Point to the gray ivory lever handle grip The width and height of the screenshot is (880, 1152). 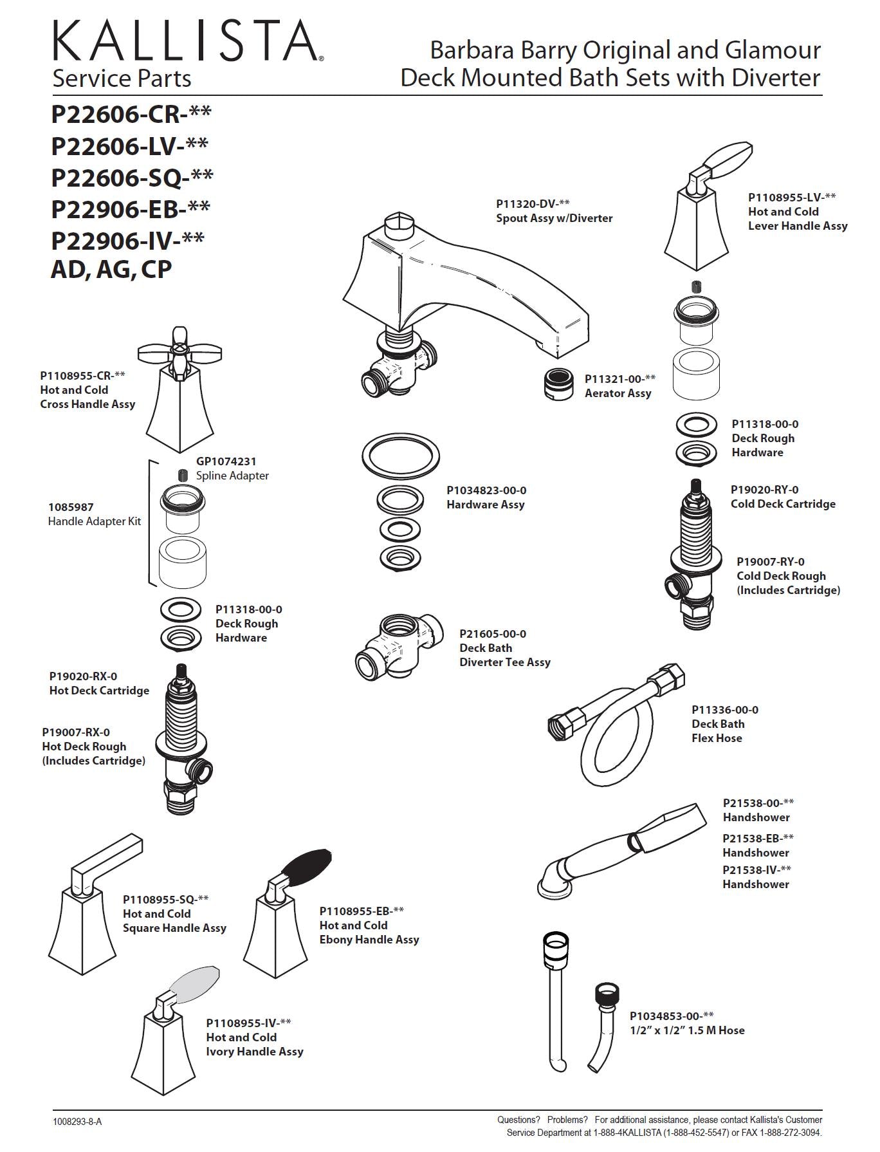coord(195,985)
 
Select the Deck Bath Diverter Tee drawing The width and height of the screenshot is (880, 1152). coord(399,646)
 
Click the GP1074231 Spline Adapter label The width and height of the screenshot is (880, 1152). coord(232,469)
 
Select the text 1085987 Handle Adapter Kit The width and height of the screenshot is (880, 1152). coord(94,514)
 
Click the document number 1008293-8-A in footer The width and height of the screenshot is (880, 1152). coord(77,1122)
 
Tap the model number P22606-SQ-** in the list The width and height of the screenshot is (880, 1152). coord(132,177)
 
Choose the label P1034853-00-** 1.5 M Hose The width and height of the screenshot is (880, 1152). coord(686,1023)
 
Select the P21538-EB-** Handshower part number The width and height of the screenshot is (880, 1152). coord(758,839)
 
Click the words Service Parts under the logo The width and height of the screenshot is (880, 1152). coord(122,79)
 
